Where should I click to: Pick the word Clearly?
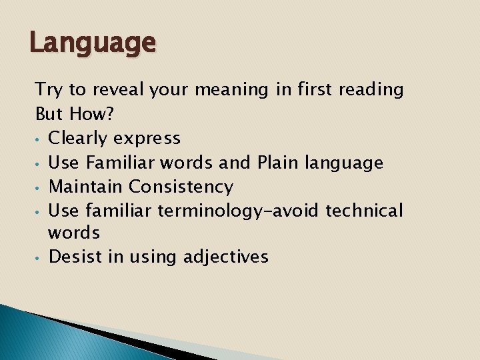(78, 139)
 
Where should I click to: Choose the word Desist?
(74, 257)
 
